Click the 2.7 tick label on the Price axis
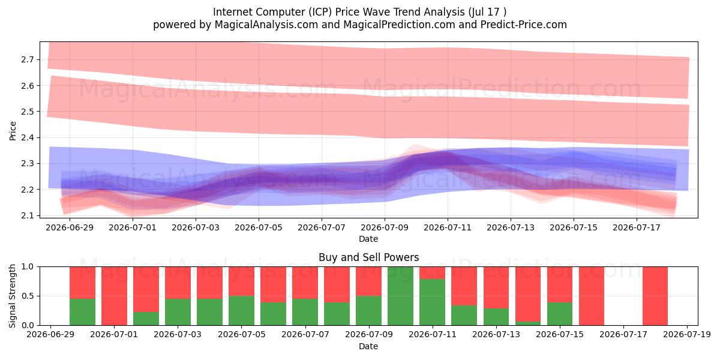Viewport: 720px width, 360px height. [28, 59]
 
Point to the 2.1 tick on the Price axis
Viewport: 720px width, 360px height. [28, 215]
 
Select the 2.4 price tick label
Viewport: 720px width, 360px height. [28, 137]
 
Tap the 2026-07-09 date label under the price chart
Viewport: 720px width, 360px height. [385, 227]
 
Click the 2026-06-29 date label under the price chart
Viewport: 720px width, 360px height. [70, 227]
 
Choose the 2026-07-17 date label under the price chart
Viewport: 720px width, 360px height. [637, 227]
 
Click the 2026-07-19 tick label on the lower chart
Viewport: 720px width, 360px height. [687, 334]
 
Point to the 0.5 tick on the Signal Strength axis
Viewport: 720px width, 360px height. [28, 296]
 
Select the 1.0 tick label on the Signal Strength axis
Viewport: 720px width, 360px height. [28, 266]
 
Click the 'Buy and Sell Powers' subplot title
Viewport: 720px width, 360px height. [368, 257]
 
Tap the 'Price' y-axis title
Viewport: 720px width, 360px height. [13, 131]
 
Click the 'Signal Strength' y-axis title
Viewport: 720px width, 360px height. [12, 296]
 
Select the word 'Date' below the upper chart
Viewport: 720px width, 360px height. [368, 239]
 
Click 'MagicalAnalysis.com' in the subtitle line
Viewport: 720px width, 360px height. [266, 25]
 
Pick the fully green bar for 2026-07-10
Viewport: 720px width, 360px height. [401, 296]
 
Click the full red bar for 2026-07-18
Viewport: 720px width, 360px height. [655, 296]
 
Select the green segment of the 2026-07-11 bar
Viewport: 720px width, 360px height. [433, 302]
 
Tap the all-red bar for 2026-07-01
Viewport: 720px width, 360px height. [114, 296]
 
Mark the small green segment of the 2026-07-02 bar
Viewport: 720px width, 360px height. [146, 319]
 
